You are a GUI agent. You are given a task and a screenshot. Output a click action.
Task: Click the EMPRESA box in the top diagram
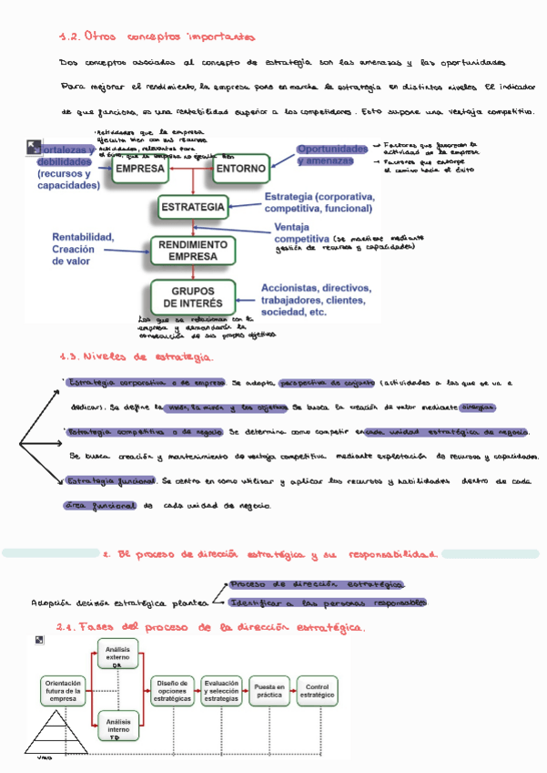[x=139, y=169]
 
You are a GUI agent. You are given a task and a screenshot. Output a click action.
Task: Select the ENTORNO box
[x=241, y=169]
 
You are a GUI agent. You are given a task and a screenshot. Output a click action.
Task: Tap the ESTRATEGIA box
[x=192, y=208]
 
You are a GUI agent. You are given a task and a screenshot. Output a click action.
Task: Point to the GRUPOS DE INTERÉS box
[x=193, y=296]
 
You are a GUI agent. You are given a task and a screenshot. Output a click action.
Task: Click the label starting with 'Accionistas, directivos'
[x=316, y=299]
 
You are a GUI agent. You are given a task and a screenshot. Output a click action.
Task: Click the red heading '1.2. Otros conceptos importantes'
[x=156, y=36]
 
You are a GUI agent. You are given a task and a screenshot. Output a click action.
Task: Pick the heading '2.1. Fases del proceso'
[x=209, y=628]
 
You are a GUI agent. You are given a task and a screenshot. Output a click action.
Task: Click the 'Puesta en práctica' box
[x=269, y=690]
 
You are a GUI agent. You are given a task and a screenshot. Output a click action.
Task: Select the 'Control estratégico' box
[x=316, y=690]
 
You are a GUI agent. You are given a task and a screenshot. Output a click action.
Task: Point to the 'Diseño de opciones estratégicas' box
[x=173, y=690]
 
